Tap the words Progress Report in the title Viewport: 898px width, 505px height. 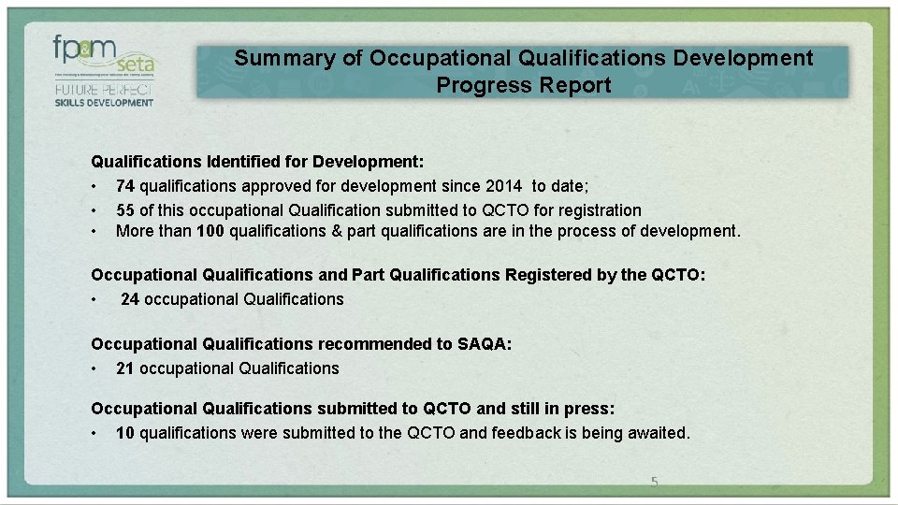[x=523, y=86]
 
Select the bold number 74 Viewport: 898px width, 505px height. [x=126, y=186]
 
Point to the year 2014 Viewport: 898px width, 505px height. [x=503, y=186]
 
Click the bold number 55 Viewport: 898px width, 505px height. [x=126, y=210]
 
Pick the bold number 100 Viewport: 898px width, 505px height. [x=210, y=231]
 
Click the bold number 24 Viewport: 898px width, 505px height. [x=130, y=299]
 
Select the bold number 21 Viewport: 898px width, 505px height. [x=126, y=368]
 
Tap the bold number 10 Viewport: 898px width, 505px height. [x=126, y=433]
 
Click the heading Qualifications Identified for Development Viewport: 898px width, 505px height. [x=257, y=162]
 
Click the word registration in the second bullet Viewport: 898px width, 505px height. [x=599, y=210]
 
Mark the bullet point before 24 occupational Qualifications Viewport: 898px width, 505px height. [x=95, y=300]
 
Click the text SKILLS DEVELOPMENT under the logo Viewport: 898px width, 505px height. [x=103, y=103]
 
